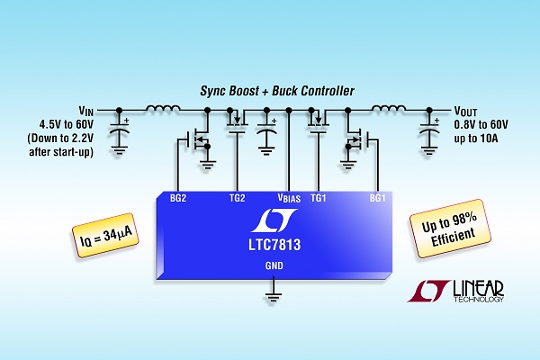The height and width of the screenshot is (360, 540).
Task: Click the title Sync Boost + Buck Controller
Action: click(x=269, y=93)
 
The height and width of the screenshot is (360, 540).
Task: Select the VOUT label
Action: click(x=469, y=112)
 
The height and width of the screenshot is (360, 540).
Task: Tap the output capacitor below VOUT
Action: click(x=427, y=132)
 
